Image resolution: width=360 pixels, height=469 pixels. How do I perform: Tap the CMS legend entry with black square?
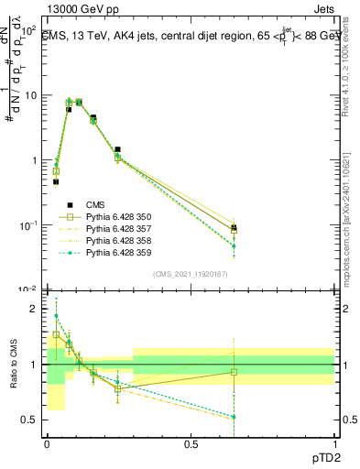pos(96,204)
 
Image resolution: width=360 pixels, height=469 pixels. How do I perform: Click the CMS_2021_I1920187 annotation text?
pos(191,274)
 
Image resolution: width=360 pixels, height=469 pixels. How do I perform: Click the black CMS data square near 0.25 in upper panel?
pos(117,149)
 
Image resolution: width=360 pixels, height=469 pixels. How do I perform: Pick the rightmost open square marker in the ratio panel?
pos(234,372)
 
